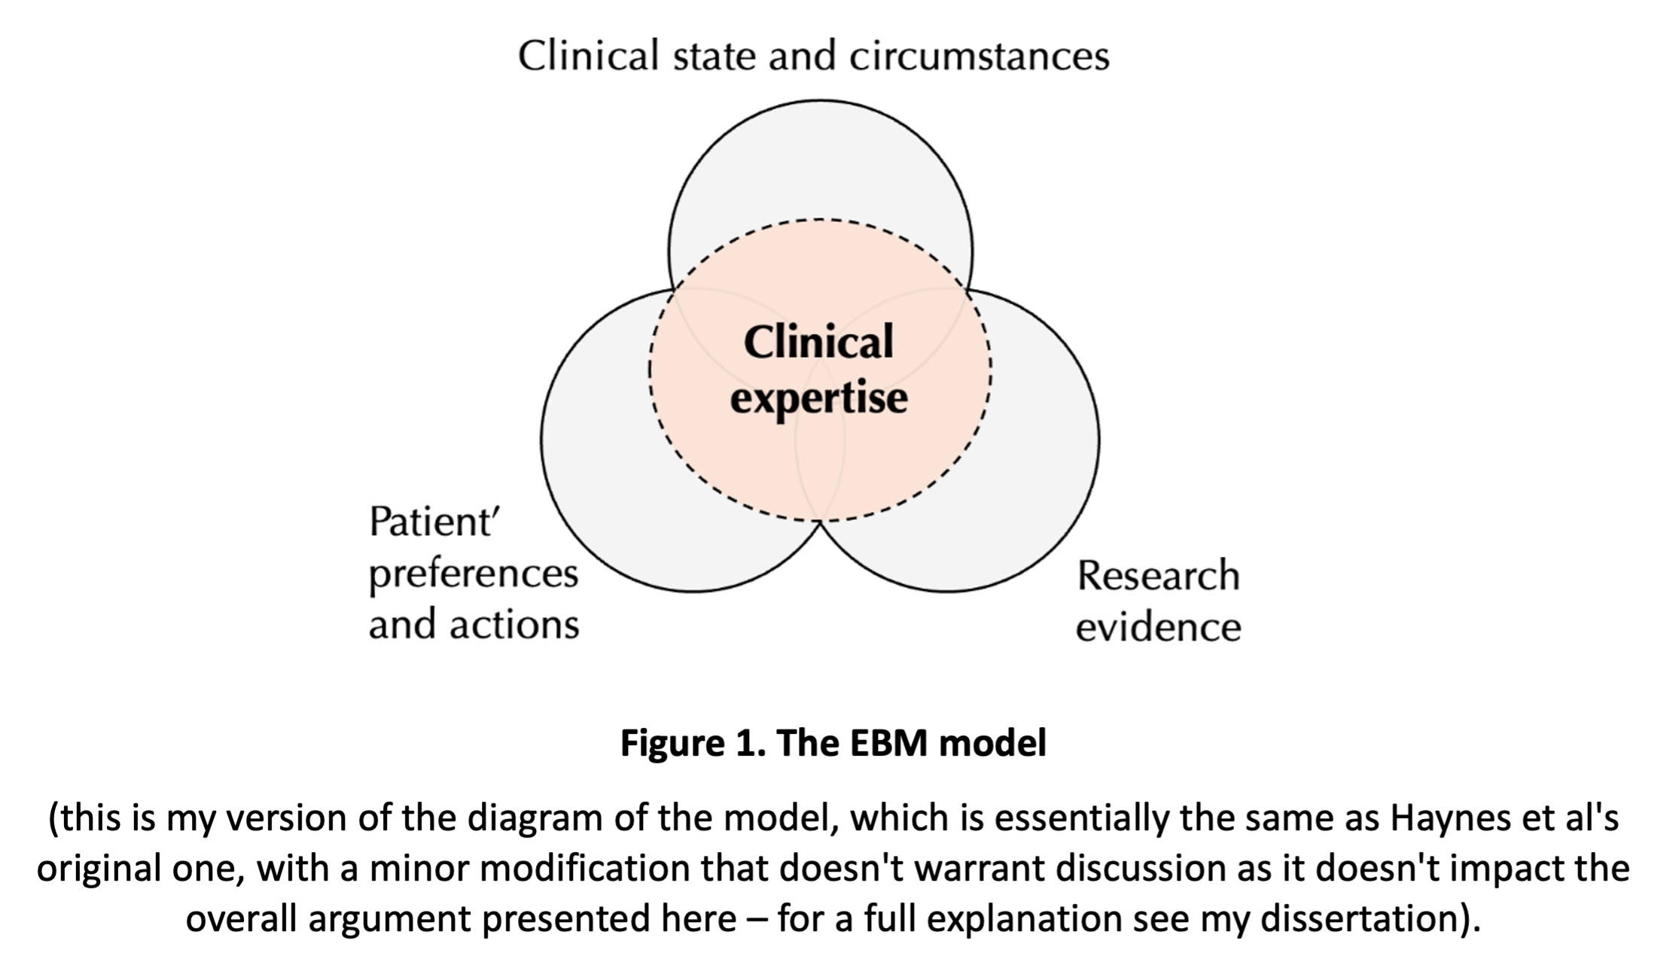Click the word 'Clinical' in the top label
pos(588,56)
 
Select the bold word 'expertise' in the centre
pos(818,398)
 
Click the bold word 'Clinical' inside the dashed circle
pos(818,342)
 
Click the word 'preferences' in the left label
pos(473,575)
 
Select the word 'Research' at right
pos(1158,576)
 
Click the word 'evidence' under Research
pos(1158,627)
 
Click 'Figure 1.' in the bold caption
pos(693,743)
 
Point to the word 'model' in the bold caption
pos(993,743)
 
